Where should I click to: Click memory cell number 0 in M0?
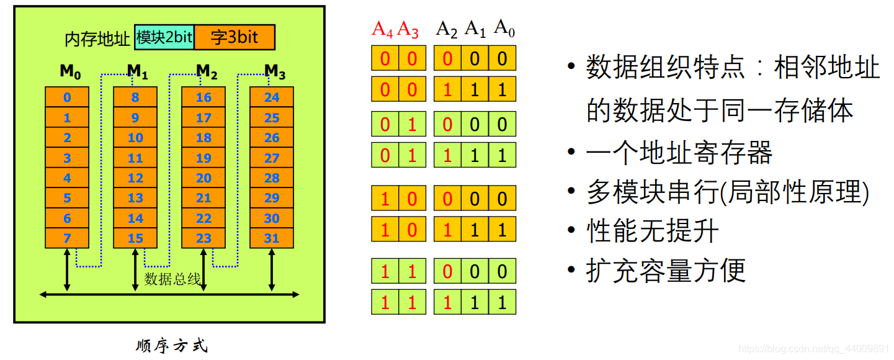pyautogui.click(x=67, y=97)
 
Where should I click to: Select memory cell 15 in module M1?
pyautogui.click(x=135, y=238)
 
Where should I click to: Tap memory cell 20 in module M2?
pyautogui.click(x=203, y=178)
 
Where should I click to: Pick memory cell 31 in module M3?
pyautogui.click(x=272, y=238)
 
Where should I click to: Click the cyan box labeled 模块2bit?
pyautogui.click(x=164, y=38)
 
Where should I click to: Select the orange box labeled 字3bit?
pyautogui.click(x=235, y=38)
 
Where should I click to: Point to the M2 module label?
pyautogui.click(x=206, y=73)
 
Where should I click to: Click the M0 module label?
pyautogui.click(x=70, y=73)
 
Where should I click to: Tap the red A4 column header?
pyautogui.click(x=383, y=29)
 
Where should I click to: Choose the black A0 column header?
pyautogui.click(x=504, y=29)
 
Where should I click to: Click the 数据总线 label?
pyautogui.click(x=172, y=279)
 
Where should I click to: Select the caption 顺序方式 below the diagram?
pyautogui.click(x=172, y=346)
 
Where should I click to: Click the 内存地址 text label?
pyautogui.click(x=98, y=39)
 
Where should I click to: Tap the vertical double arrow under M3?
pyautogui.click(x=272, y=268)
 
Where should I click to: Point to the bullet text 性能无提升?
pyautogui.click(x=653, y=232)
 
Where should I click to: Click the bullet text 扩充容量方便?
pyautogui.click(x=666, y=271)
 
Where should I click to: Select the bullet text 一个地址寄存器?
pyautogui.click(x=679, y=153)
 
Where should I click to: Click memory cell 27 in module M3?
pyautogui.click(x=272, y=158)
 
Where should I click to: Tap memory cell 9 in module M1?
pyautogui.click(x=135, y=118)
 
